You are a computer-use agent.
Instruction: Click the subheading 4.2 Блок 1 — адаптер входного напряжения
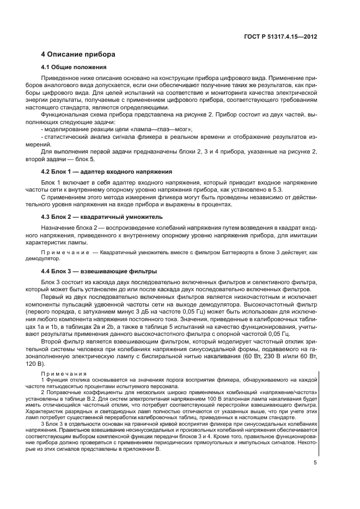coord(107,170)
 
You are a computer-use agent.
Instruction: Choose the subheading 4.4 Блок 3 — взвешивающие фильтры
coord(99,271)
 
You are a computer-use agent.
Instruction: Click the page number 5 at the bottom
coord(316,463)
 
